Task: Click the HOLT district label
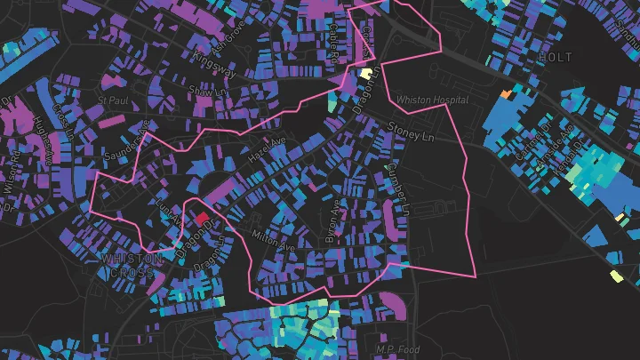tap(556, 57)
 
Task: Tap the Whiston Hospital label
tap(432, 100)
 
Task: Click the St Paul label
tap(114, 101)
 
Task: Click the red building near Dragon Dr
tap(202, 216)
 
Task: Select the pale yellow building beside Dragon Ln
tap(365, 74)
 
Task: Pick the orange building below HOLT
tap(506, 92)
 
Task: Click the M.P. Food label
tap(396, 350)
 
